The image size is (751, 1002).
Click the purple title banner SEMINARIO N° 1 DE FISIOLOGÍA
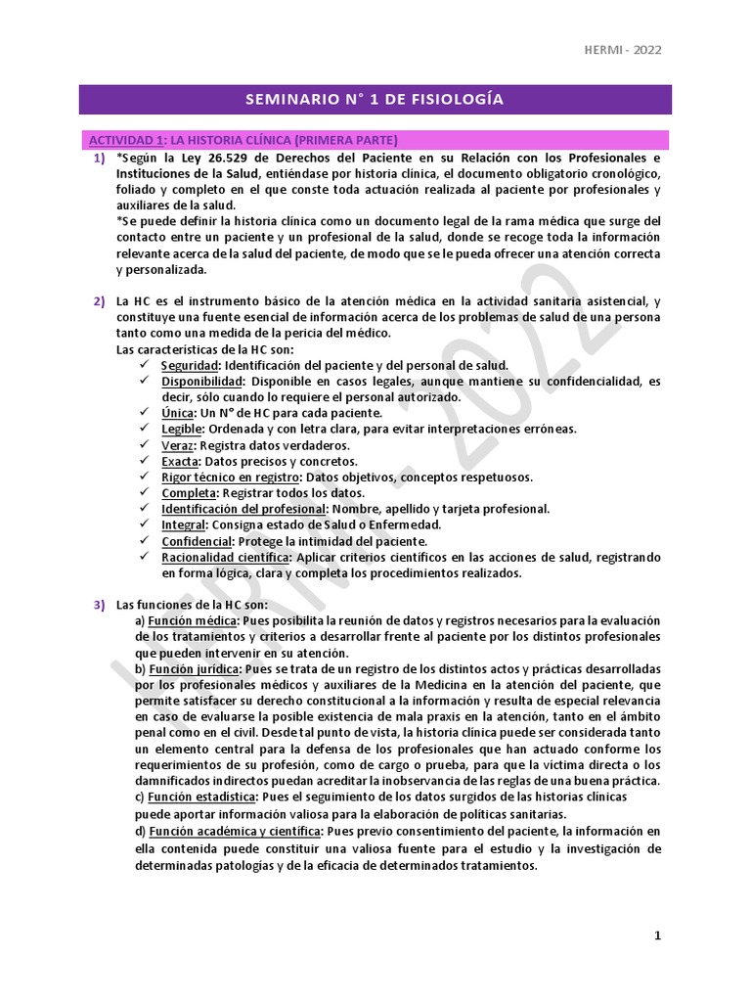pos(375,100)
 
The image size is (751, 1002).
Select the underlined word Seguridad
pos(189,365)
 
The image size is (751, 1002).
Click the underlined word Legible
pos(181,429)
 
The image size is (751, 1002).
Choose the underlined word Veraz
pos(177,444)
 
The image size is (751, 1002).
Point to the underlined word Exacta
pos(180,461)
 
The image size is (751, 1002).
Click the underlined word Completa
pos(187,492)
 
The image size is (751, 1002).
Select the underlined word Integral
pos(183,524)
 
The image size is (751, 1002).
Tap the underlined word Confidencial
pos(196,541)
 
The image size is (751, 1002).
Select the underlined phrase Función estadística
pos(200,797)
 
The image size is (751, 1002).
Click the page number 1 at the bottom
pos(658,935)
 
